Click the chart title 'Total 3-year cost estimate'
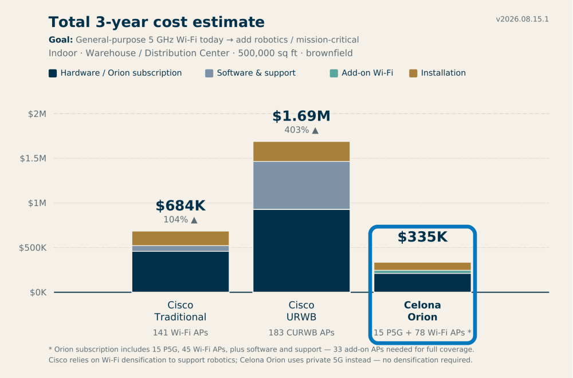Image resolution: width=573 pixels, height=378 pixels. [156, 22]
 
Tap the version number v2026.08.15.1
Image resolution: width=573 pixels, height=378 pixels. [522, 20]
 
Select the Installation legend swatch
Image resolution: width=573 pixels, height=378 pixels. [413, 73]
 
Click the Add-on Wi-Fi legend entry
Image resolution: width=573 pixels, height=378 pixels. [362, 73]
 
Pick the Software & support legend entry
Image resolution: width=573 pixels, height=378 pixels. [250, 73]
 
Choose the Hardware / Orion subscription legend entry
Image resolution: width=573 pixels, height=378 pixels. [115, 73]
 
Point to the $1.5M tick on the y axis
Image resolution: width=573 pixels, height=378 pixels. [33, 158]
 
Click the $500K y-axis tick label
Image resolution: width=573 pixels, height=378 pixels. [33, 248]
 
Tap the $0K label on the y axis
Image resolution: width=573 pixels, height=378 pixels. [38, 293]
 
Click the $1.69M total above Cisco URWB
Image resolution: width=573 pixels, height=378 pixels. [301, 116]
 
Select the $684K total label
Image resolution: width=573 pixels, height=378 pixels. [180, 206]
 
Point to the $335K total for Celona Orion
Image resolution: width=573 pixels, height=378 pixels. [422, 237]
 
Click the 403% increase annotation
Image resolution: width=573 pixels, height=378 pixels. [301, 130]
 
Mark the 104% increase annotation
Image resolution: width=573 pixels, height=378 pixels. [180, 220]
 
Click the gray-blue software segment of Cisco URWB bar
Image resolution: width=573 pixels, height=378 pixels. [301, 185]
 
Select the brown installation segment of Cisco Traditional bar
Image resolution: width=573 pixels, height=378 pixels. [180, 238]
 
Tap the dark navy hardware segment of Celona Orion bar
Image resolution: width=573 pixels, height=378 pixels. [422, 282]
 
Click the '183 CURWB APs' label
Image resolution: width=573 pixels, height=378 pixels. [301, 333]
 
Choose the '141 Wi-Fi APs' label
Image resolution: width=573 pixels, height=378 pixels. [180, 333]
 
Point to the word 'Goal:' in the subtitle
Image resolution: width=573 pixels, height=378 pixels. [61, 40]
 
